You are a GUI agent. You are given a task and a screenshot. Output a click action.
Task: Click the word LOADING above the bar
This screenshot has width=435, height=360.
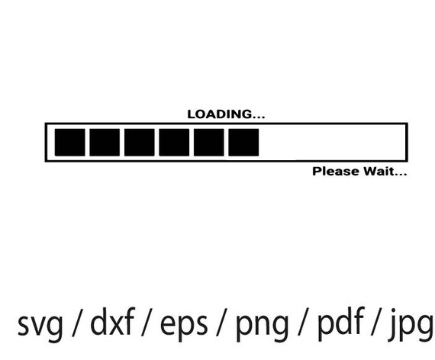click(x=220, y=114)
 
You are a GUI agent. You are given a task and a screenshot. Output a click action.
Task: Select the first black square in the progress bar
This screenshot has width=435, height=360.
click(x=70, y=143)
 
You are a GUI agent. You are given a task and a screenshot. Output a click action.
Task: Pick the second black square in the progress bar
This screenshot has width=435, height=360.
click(x=105, y=143)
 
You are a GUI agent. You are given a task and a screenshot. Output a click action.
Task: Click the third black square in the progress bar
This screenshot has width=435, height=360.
click(x=139, y=143)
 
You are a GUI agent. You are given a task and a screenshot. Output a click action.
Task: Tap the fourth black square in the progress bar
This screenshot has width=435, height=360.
click(x=174, y=143)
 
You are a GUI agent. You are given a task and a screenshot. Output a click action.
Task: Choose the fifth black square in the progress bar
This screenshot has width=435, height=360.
click(x=209, y=143)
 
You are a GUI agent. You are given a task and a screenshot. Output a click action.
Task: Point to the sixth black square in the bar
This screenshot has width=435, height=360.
click(x=243, y=143)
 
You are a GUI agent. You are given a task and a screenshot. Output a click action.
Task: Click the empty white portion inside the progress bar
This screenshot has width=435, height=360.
click(x=332, y=143)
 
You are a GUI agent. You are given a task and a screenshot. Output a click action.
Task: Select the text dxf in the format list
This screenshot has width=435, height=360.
click(x=112, y=321)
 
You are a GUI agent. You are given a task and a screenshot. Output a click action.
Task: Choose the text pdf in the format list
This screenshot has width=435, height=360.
click(x=340, y=323)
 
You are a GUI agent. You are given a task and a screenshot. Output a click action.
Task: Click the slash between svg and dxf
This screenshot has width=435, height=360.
click(x=77, y=323)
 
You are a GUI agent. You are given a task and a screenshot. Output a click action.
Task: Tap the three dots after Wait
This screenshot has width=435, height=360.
click(x=401, y=174)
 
